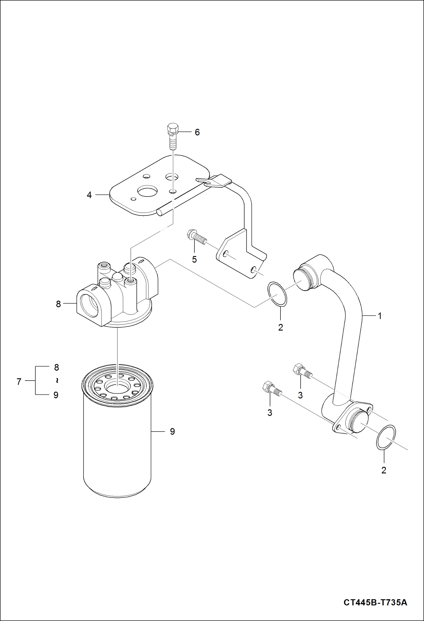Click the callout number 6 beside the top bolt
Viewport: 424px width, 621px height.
click(197, 132)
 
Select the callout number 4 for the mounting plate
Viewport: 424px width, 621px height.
click(89, 195)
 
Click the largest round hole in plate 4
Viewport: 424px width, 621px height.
click(147, 192)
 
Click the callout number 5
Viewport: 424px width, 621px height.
click(194, 259)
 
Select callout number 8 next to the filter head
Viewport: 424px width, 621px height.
click(58, 304)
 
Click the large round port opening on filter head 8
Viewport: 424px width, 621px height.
click(89, 305)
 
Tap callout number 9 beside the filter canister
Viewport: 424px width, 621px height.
click(172, 432)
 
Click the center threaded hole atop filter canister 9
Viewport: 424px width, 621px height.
click(117, 386)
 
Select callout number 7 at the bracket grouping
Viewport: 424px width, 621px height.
click(19, 382)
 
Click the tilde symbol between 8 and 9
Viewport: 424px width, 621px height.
click(57, 381)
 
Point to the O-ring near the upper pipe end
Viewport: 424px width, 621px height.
click(277, 294)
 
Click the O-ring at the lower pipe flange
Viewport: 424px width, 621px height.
click(386, 437)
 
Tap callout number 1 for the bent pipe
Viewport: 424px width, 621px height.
click(380, 316)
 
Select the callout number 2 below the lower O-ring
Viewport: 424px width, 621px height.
click(384, 470)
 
